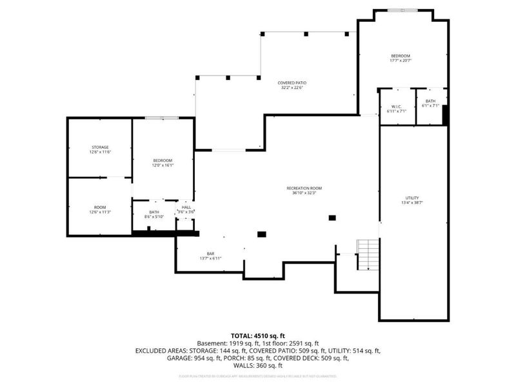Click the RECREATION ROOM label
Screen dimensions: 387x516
pos(304,188)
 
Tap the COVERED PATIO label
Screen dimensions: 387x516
pos(292,83)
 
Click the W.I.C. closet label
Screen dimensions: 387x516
pos(397,106)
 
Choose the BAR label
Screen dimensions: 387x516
pos(210,253)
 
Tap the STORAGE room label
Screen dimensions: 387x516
pos(99,147)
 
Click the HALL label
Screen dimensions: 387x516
pos(186,207)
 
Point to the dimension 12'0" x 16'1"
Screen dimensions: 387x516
pos(163,165)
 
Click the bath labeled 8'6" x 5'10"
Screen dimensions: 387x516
pos(154,217)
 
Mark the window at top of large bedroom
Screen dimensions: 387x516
pos(402,10)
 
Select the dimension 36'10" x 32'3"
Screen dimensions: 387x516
pos(304,192)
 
